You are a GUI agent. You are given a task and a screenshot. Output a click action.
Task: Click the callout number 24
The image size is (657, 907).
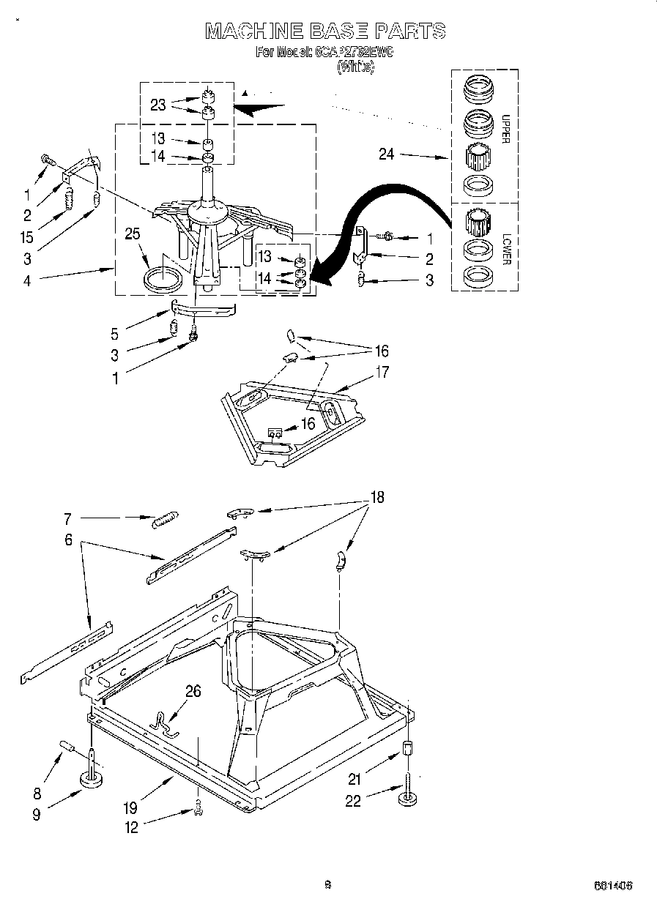pyautogui.click(x=387, y=154)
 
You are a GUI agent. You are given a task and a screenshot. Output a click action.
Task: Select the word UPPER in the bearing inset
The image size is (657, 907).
pyautogui.click(x=506, y=130)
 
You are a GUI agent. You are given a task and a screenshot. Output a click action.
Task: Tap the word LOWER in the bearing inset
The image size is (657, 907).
pyautogui.click(x=506, y=249)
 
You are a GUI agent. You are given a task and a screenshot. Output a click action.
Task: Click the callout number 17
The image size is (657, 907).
pyautogui.click(x=381, y=372)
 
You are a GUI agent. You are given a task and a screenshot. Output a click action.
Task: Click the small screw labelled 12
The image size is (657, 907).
pyautogui.click(x=197, y=806)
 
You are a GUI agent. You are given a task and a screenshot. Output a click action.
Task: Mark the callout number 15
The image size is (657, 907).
pyautogui.click(x=27, y=238)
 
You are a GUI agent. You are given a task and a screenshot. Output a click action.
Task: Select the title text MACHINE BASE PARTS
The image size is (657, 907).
pyautogui.click(x=325, y=31)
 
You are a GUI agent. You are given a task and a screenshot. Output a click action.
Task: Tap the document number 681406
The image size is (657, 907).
pyautogui.click(x=613, y=885)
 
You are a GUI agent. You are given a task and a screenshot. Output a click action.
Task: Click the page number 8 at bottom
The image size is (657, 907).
pyautogui.click(x=327, y=884)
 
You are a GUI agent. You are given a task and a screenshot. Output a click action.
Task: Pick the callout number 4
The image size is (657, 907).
pyautogui.click(x=27, y=280)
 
